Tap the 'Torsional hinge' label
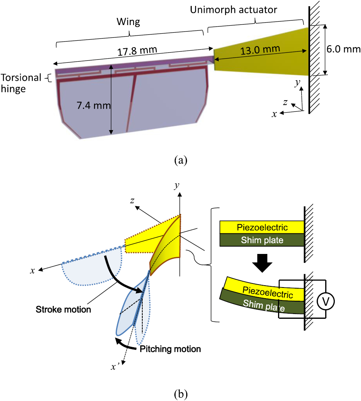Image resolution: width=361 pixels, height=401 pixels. (20, 83)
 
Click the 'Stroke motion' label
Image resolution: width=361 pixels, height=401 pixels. (63, 309)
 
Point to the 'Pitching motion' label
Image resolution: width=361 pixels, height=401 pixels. (170, 348)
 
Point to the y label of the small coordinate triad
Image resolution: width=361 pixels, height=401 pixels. (296, 84)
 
